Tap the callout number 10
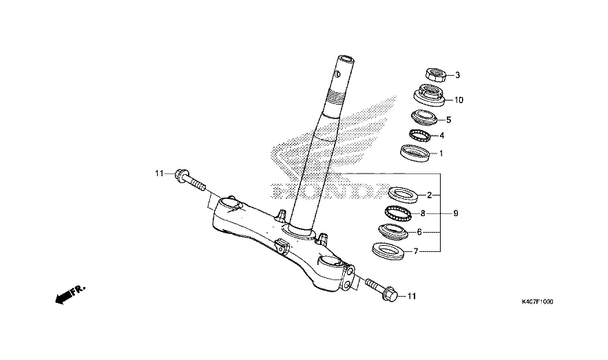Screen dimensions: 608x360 coord(459,100)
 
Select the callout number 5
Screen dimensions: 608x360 coord(448,119)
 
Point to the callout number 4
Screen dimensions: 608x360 coord(441,136)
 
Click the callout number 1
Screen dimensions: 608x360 coord(441,153)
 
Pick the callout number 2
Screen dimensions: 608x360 coord(429,195)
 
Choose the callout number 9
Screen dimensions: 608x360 coord(455,213)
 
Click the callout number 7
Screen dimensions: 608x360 coord(415,252)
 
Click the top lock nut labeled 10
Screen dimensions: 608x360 coord(430,94)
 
